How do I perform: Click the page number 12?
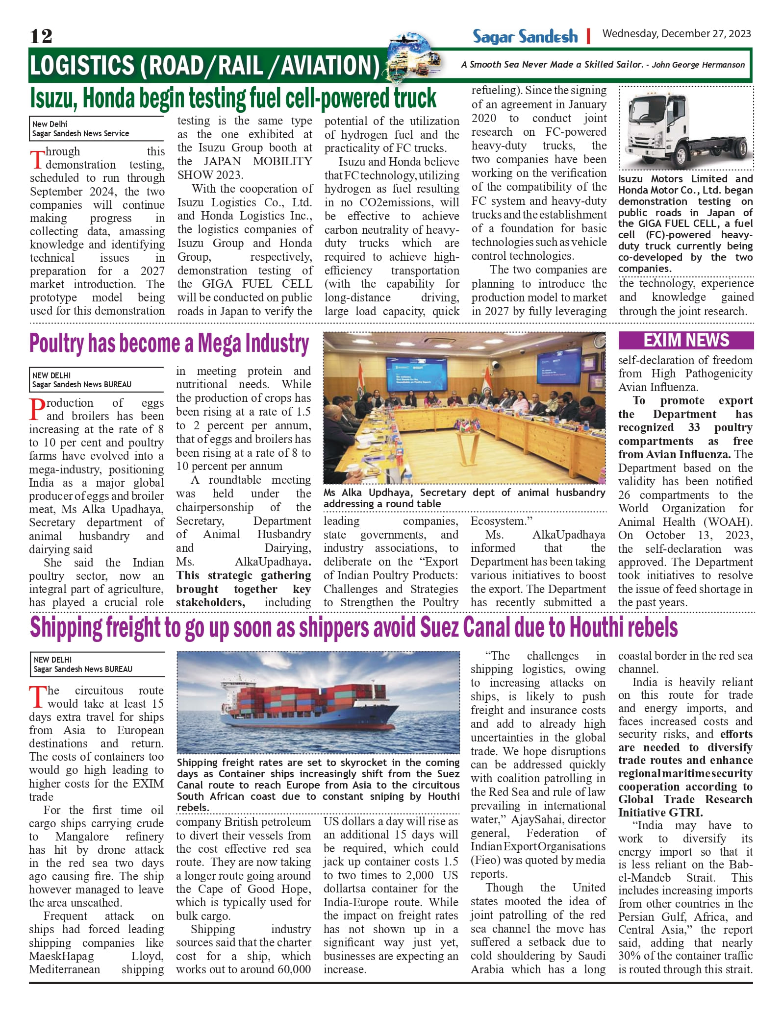(41, 36)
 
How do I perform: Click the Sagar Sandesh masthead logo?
(525, 36)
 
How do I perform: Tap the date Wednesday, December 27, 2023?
(677, 33)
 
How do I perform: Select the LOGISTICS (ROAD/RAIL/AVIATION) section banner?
(204, 66)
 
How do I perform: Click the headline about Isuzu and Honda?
(233, 98)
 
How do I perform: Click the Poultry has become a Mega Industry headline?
(169, 343)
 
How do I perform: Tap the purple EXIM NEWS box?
(686, 340)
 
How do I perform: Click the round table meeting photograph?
(464, 408)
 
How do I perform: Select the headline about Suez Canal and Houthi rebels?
(353, 627)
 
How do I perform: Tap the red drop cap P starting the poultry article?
(37, 410)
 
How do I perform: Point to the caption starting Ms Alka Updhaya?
(464, 498)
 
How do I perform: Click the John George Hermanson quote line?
(603, 65)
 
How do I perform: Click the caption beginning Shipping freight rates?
(318, 784)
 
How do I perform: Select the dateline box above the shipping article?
(97, 664)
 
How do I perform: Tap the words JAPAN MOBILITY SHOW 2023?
(245, 168)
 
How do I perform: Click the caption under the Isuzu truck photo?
(685, 223)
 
